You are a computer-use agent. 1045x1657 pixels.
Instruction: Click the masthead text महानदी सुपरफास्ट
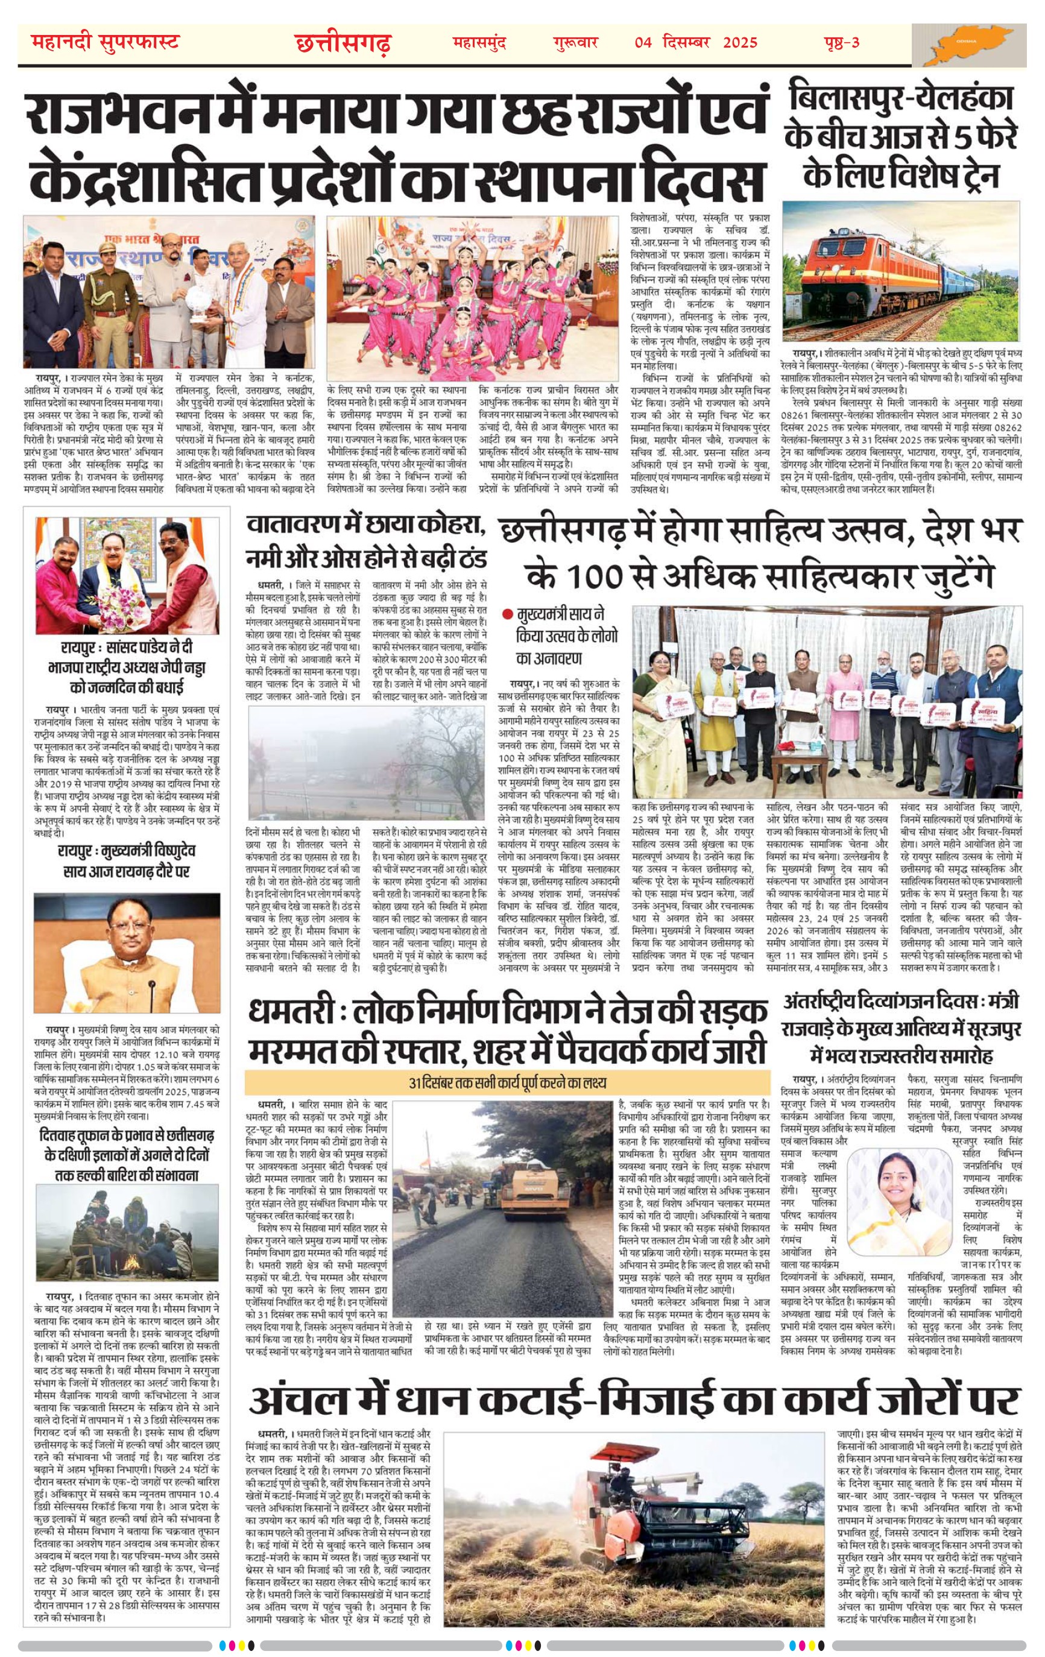[x=106, y=43]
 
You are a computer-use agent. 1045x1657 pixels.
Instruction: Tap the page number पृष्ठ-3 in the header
[x=841, y=43]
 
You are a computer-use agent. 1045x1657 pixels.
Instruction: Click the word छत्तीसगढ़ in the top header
[x=343, y=44]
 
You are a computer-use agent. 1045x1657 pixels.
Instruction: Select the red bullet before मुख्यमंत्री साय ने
[x=507, y=613]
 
